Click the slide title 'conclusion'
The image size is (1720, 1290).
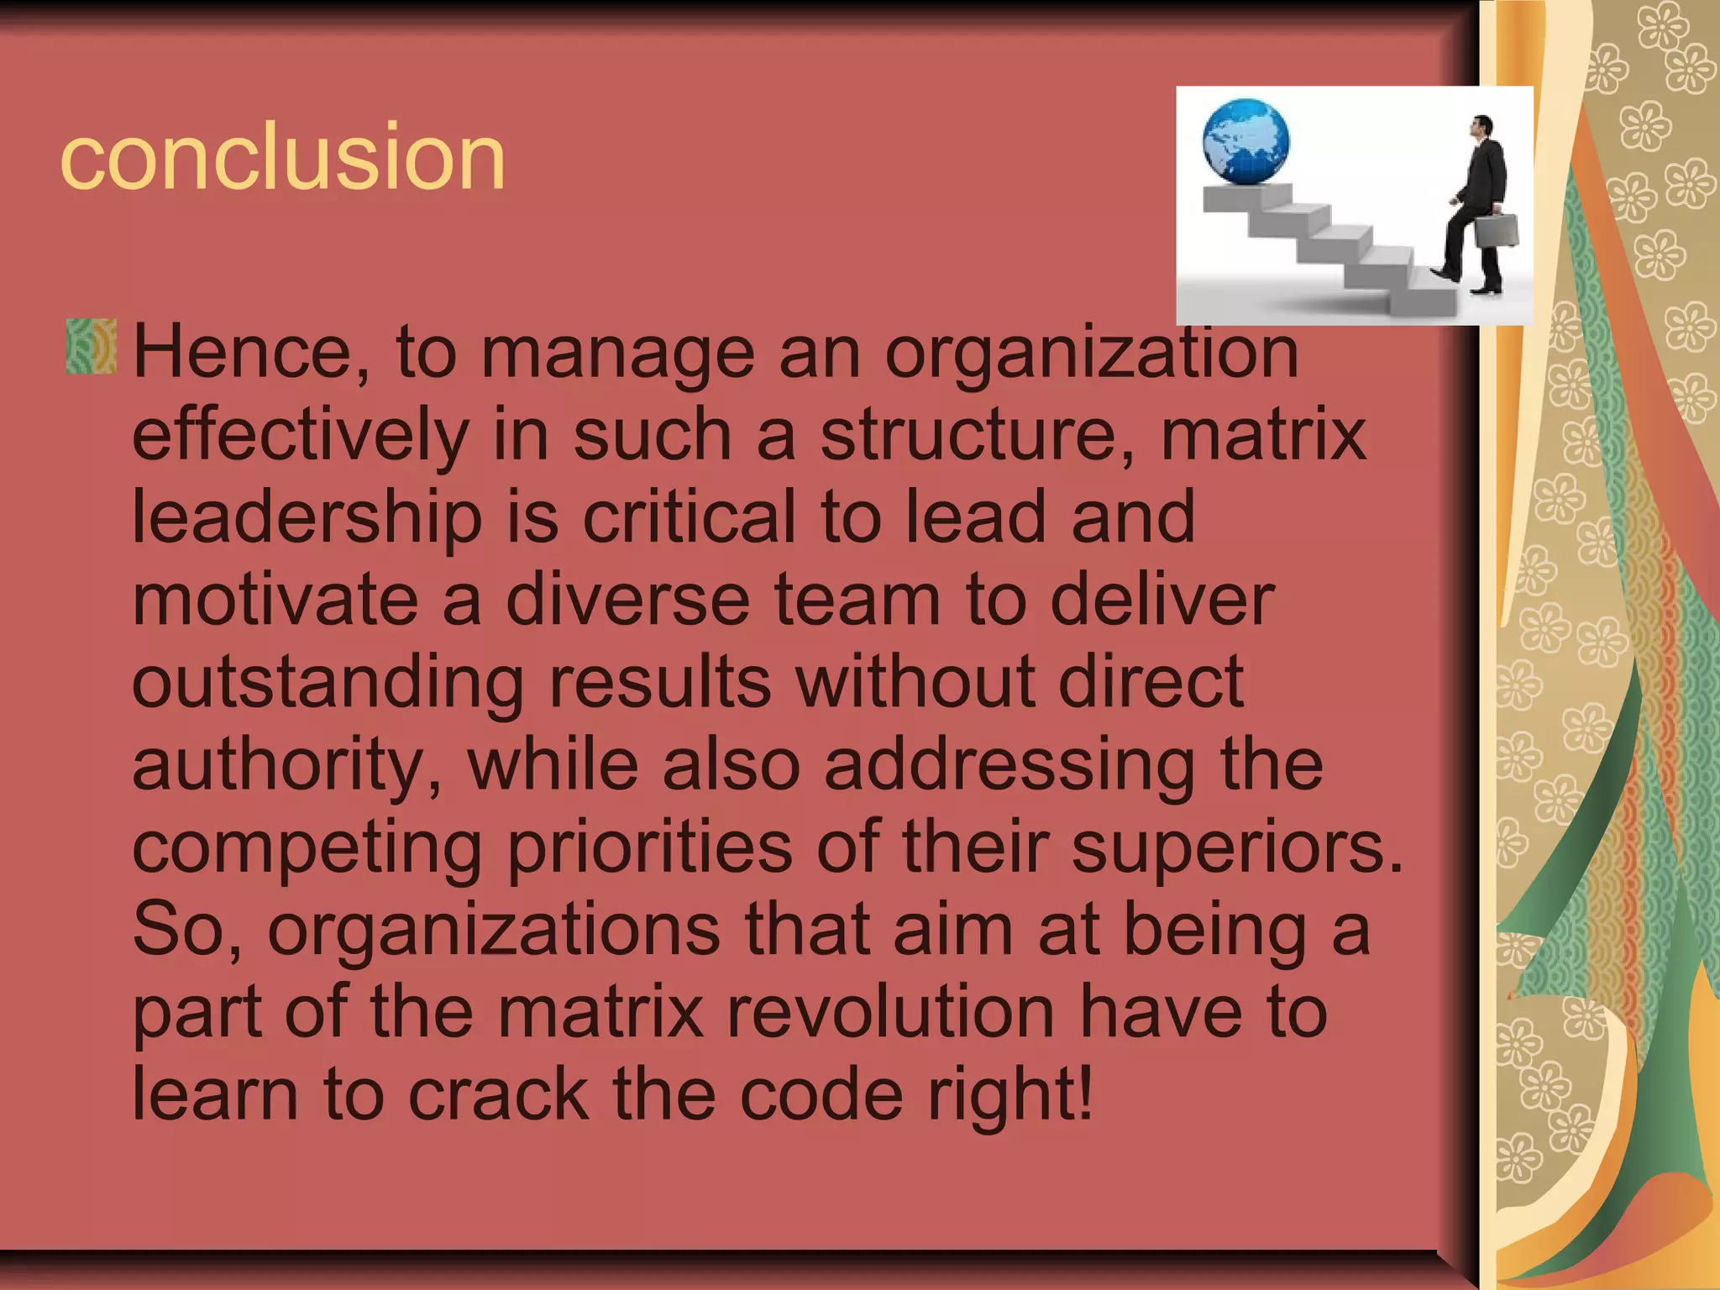point(283,156)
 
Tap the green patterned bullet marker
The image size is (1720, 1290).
point(91,345)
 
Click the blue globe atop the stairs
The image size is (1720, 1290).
point(1245,141)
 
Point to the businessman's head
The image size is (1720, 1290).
point(1483,128)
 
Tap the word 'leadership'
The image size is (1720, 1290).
point(307,517)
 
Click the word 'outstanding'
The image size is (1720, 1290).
point(328,682)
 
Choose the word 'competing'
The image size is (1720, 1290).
point(307,847)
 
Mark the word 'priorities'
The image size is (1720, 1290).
point(650,847)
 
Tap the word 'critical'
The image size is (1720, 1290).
point(689,517)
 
